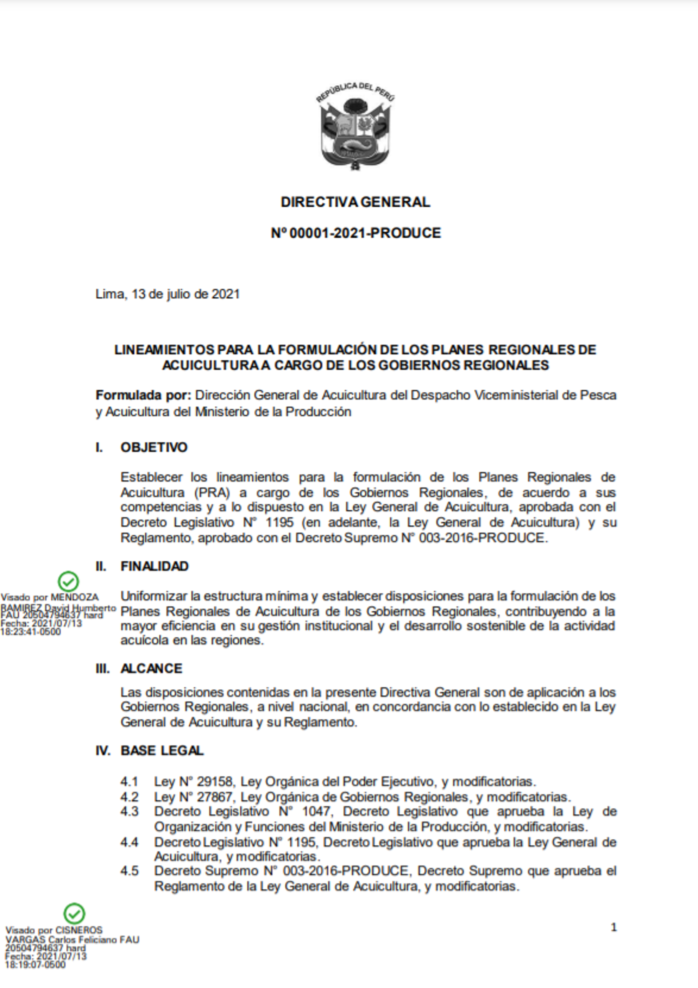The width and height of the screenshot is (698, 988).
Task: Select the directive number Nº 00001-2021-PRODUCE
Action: [x=356, y=233]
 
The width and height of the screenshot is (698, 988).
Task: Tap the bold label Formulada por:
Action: [x=143, y=395]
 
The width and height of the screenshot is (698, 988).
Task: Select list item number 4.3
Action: [x=129, y=811]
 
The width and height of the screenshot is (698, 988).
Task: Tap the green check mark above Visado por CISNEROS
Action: [x=74, y=914]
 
